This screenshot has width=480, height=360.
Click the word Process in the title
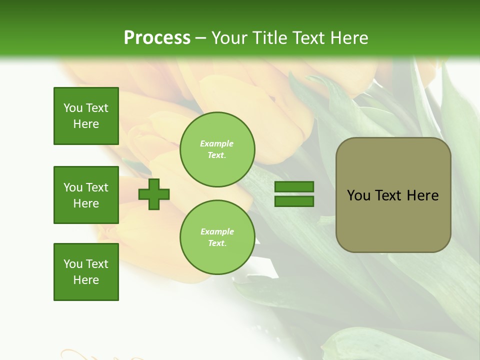tap(157, 38)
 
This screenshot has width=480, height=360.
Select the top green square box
tap(86, 116)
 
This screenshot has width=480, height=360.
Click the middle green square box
tap(86, 195)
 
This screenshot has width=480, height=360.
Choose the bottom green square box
tap(86, 272)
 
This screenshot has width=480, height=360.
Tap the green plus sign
tap(154, 194)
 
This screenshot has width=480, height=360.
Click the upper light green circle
tap(217, 149)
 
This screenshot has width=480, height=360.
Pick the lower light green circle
tap(217, 237)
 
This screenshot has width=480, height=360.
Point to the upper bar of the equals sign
tap(294, 187)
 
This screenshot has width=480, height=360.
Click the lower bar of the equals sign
tap(294, 201)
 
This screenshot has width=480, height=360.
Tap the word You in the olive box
tap(358, 195)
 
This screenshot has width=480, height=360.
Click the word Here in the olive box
tap(422, 195)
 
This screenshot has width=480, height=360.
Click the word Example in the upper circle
tap(217, 143)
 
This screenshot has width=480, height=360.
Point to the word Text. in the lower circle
tap(217, 243)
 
